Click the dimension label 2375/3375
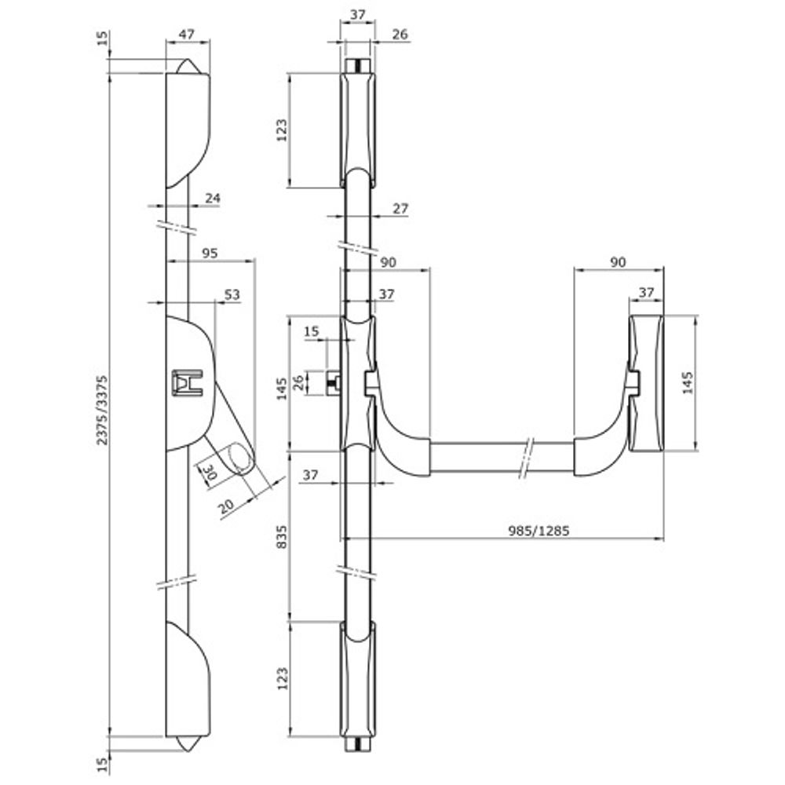[101, 408]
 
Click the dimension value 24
[212, 199]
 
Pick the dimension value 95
[209, 254]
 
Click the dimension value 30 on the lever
[210, 473]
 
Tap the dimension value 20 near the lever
[226, 507]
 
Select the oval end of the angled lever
[241, 459]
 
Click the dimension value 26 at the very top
[399, 34]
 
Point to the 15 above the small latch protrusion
[312, 331]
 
